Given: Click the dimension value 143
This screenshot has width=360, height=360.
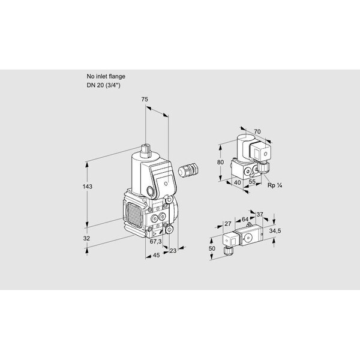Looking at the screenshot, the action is [x=88, y=187].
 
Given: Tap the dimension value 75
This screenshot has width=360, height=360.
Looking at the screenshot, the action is [x=145, y=100].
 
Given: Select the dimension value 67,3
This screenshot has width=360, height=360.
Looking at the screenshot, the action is [x=155, y=242].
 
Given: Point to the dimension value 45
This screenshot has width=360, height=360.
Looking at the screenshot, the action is [x=156, y=255].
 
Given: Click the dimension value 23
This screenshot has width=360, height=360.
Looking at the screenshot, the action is [x=173, y=251].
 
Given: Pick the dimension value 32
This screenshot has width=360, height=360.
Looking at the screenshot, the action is [x=86, y=239].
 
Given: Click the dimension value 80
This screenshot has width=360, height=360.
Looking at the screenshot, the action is [x=220, y=163].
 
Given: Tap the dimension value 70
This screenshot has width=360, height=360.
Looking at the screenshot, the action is [x=257, y=131].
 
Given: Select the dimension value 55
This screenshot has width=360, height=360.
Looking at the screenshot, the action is [x=252, y=182].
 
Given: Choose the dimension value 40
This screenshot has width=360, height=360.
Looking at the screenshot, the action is [x=238, y=182].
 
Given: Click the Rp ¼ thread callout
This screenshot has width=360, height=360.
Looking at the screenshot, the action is [x=275, y=185].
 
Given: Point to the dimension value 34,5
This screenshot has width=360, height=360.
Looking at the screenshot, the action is [x=275, y=231].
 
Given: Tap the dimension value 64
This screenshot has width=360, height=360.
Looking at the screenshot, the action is [x=245, y=219].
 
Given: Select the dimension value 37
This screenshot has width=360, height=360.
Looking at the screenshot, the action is [x=260, y=214].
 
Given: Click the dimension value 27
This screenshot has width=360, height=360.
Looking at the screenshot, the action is [x=228, y=224].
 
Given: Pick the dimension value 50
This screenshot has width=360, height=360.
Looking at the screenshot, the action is [x=212, y=248].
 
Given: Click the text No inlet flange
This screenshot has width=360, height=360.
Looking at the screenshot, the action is [x=106, y=76].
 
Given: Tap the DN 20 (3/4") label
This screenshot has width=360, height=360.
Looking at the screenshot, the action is [x=104, y=85].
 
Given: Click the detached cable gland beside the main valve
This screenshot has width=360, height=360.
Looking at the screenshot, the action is [x=188, y=170].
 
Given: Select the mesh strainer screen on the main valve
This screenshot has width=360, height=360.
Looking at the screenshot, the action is [x=134, y=213].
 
